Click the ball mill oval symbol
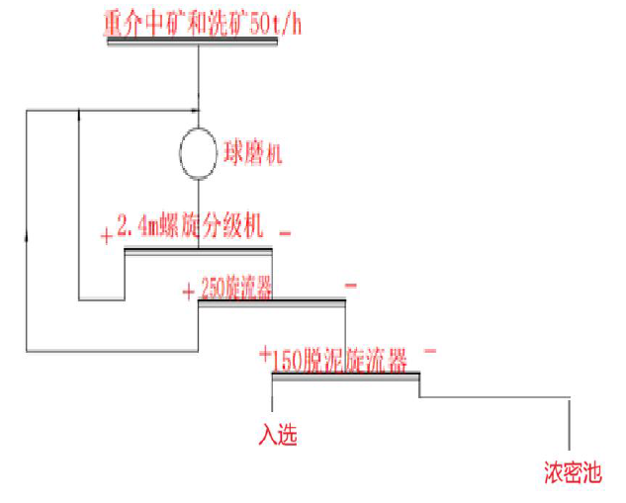point(198,152)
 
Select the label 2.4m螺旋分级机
point(190,228)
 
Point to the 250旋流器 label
point(236,288)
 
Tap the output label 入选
point(278,436)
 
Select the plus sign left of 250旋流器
point(188,292)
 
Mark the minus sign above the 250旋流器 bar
point(351,287)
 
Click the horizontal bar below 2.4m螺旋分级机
point(198,249)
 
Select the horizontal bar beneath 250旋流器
point(272,301)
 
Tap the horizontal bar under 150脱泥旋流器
point(345,374)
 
